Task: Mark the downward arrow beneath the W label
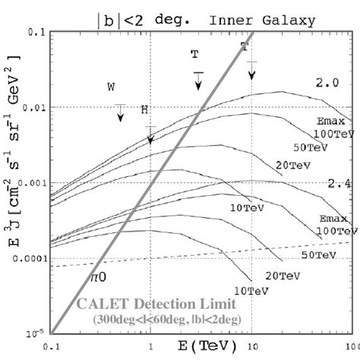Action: [x=120, y=112]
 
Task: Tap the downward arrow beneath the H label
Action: [x=150, y=134]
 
